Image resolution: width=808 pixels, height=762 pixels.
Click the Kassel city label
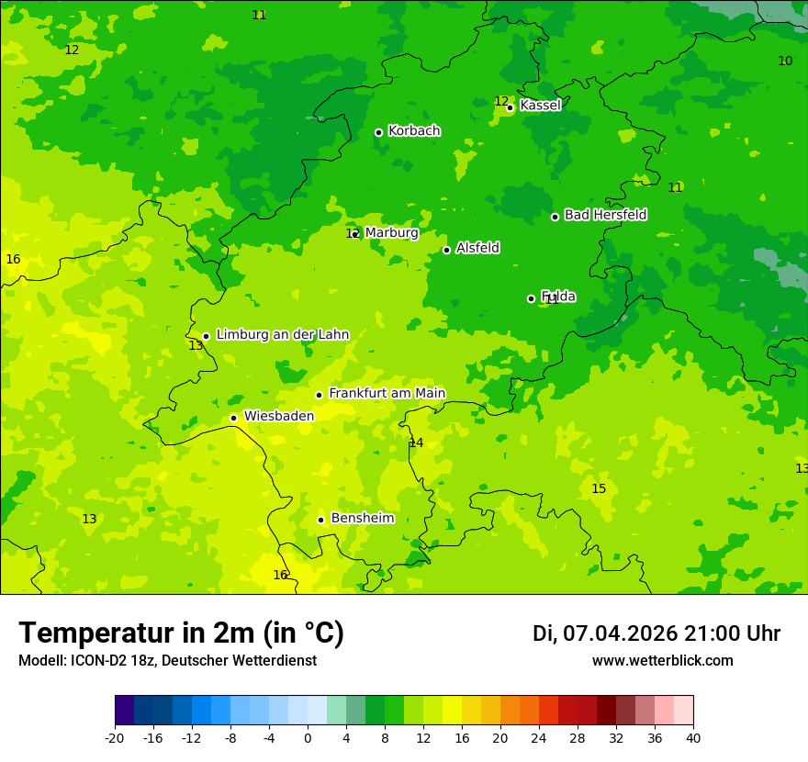pos(540,106)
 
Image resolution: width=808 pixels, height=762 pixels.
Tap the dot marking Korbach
pos(378,132)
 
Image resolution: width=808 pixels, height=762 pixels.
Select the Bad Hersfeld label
pos(605,215)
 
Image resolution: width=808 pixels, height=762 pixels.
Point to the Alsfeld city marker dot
pos(446,250)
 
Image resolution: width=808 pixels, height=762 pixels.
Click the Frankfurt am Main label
pos(387,393)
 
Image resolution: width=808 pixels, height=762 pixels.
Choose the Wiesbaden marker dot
pos(233,418)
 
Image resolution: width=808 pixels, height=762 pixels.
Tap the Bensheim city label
pos(362,518)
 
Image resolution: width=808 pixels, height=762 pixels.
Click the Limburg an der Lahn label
pos(282,334)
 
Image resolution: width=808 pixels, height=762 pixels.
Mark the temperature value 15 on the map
pos(599,488)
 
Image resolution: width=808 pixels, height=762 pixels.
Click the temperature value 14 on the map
pos(416,443)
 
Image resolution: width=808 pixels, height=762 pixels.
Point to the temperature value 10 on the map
pos(785,61)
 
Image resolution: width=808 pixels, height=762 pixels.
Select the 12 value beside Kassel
pos(500,101)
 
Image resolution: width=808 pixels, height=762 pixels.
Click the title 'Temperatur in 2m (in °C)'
pos(181,633)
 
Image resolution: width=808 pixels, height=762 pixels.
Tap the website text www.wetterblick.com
pos(662,660)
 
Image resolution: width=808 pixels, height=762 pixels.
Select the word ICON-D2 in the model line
pos(91,660)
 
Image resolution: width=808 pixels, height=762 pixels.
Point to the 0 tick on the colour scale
pos(308,737)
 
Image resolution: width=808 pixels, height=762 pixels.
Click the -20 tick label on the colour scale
pos(115,737)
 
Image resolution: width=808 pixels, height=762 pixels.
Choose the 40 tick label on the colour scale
pos(693,737)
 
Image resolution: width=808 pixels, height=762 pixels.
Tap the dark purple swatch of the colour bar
pos(124,711)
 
